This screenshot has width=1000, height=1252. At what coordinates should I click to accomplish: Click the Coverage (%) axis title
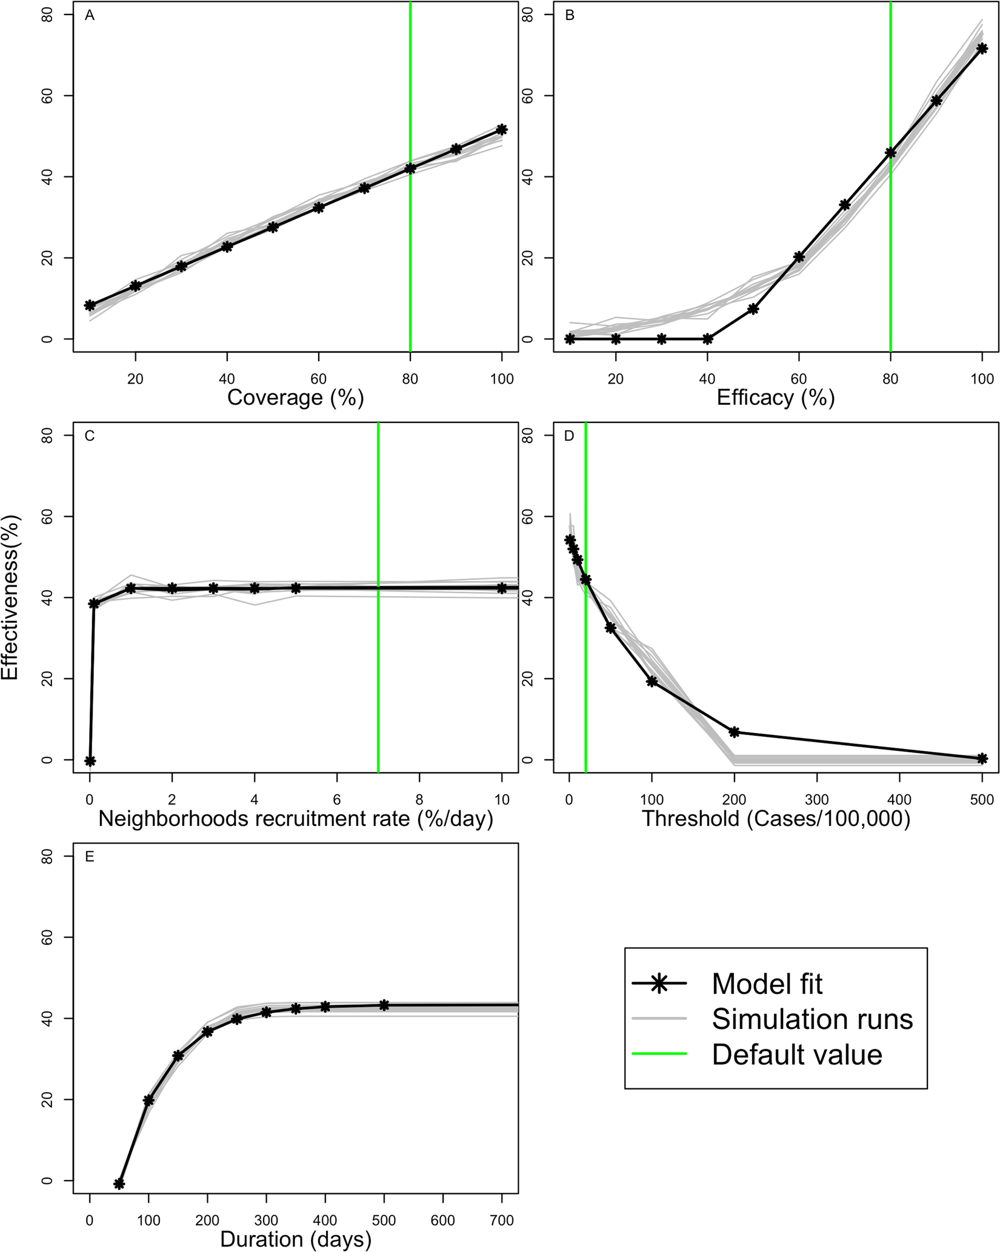(x=295, y=398)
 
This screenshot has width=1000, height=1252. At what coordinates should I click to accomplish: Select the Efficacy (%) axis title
(x=775, y=398)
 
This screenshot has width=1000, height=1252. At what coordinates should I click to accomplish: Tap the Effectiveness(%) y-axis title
(x=11, y=598)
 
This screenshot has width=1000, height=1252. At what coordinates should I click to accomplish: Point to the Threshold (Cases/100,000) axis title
(x=775, y=819)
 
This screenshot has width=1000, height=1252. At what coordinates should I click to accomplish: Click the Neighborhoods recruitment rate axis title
(x=295, y=819)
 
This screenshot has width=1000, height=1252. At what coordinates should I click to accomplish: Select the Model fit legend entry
(x=767, y=984)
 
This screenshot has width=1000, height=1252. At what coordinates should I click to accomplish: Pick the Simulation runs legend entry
(x=812, y=1019)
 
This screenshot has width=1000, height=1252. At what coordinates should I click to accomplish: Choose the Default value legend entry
(x=796, y=1054)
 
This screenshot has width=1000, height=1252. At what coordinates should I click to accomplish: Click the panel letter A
(x=90, y=16)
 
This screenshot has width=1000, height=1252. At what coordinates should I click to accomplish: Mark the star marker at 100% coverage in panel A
(x=502, y=130)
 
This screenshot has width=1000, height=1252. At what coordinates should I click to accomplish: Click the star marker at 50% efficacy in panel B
(x=753, y=309)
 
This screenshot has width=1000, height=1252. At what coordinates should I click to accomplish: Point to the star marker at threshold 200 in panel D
(x=735, y=732)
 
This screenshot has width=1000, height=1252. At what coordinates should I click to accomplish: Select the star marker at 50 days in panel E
(x=119, y=1184)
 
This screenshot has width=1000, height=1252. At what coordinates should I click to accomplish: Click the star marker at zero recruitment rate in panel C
(x=90, y=761)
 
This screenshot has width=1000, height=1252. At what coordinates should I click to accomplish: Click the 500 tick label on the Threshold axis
(x=982, y=800)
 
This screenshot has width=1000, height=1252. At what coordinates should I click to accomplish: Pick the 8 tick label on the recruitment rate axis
(x=419, y=800)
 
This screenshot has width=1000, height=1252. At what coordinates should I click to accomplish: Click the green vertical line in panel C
(x=378, y=667)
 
